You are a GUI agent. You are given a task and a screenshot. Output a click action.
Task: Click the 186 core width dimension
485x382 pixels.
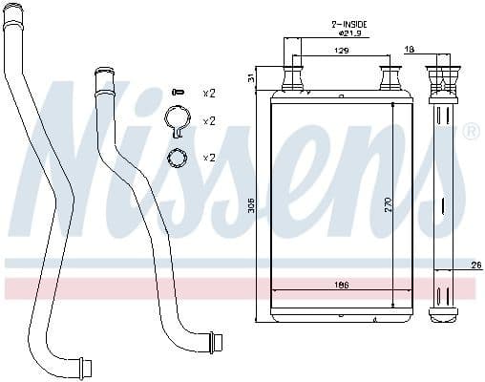pos(341,283)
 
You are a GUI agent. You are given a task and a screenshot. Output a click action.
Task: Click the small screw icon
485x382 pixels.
pos(177,92)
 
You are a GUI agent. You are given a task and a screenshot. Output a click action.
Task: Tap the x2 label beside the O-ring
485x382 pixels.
pos(208,157)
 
